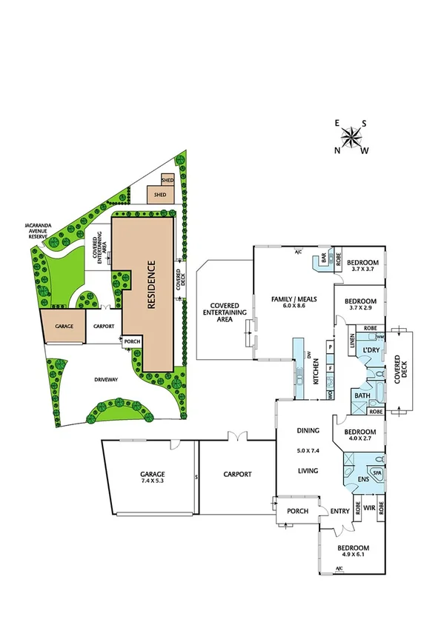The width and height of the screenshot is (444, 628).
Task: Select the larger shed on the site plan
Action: (x=160, y=195)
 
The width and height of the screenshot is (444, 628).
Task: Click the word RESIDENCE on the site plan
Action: (x=150, y=285)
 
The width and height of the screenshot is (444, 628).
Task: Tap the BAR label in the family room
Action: (x=324, y=260)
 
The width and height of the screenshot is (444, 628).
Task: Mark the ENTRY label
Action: (x=340, y=510)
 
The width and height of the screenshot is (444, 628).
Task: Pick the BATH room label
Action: (x=362, y=396)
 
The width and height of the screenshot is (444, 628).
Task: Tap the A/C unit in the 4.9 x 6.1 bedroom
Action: (x=339, y=569)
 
